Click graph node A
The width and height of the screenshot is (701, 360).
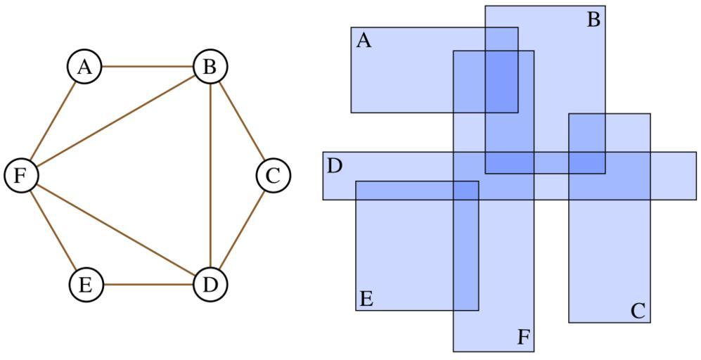[x=85, y=67]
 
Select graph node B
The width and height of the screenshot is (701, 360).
[x=210, y=67]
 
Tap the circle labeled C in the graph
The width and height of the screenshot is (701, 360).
[x=273, y=176]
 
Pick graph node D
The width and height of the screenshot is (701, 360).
[x=210, y=285]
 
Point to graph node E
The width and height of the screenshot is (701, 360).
[x=86, y=285]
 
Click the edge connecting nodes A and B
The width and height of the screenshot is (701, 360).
[x=148, y=67]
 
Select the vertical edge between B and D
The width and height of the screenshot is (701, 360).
[x=210, y=176]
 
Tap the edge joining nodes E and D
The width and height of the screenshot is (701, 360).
[x=148, y=285]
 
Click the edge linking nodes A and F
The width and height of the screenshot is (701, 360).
[x=53, y=122]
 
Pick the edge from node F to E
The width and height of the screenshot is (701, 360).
[x=53, y=231]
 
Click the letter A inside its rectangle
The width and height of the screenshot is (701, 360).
[x=364, y=41]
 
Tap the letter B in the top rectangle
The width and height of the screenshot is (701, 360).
[x=593, y=20]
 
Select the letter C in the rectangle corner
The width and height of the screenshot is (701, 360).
[x=638, y=311]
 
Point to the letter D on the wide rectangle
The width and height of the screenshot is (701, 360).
[x=335, y=167]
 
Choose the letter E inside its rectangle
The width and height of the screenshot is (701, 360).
[x=366, y=299]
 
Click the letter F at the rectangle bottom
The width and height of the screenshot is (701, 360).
[x=522, y=337]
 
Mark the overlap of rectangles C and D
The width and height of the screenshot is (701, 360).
[x=609, y=176]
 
